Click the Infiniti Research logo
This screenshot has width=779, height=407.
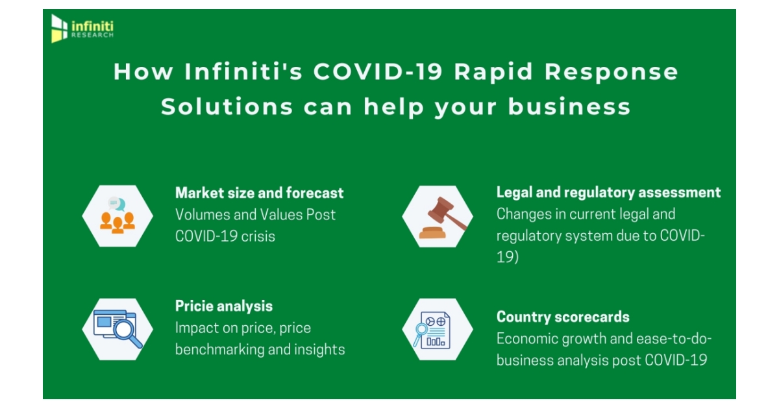82,29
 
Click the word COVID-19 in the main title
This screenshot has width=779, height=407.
379,72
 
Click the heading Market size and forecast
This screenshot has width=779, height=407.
259,193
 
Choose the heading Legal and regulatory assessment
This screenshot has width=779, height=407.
608,192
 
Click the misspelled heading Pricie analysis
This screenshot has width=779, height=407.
224,306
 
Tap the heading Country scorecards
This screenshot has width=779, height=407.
562,317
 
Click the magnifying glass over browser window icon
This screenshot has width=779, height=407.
117,329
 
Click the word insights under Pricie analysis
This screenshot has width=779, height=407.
320,350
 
